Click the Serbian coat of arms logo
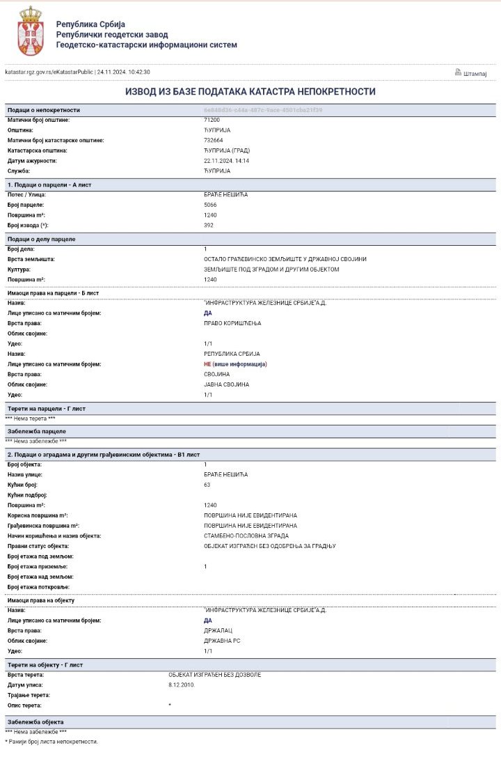tap(30, 31)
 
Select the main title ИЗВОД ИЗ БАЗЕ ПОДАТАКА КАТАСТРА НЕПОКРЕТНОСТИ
tap(250, 92)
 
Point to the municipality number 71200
tap(212, 120)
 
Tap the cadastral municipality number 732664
tap(214, 140)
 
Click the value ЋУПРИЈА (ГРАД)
tap(227, 150)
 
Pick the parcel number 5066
tap(211, 205)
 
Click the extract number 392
tap(209, 226)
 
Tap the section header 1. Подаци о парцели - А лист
tap(49, 185)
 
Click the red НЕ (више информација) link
tap(235, 364)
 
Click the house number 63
tap(207, 484)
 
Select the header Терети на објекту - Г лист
tap(45, 665)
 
